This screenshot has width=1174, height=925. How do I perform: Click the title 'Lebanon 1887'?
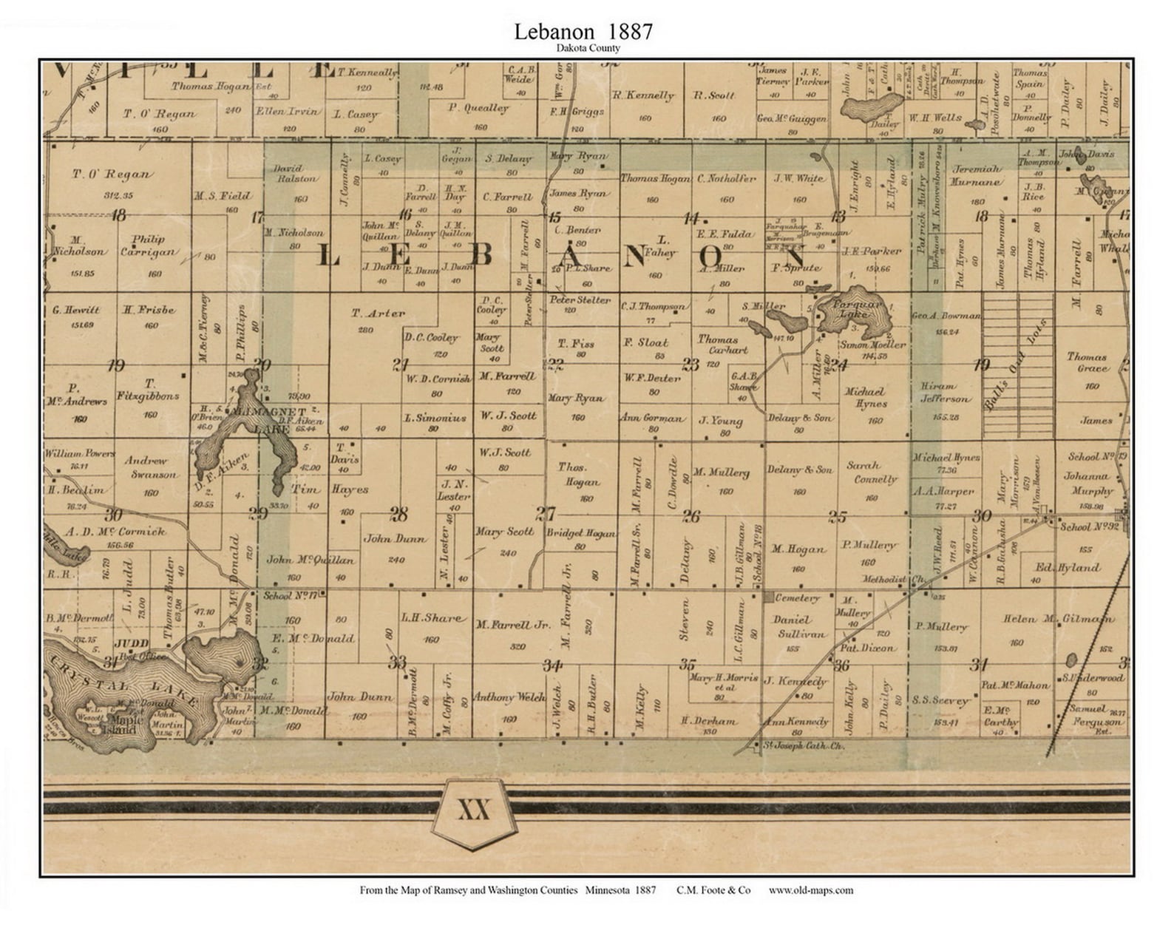(x=583, y=32)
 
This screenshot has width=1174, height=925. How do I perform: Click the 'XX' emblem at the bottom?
(x=474, y=810)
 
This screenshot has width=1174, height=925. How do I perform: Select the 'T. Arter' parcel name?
(x=378, y=314)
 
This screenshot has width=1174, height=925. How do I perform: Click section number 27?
(x=546, y=514)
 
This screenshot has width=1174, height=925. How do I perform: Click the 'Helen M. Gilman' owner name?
(x=1056, y=619)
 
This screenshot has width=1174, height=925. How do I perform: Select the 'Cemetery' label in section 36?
(x=796, y=597)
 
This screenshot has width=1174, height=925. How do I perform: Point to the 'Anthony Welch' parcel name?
(x=508, y=697)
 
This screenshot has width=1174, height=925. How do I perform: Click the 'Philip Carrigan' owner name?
(x=154, y=245)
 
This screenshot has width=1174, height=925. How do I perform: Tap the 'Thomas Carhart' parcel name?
(x=722, y=345)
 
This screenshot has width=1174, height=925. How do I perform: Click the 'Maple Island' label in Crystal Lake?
(x=122, y=724)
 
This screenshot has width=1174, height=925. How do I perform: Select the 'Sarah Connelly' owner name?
(x=872, y=472)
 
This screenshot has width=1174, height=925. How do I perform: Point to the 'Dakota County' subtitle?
(x=588, y=48)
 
